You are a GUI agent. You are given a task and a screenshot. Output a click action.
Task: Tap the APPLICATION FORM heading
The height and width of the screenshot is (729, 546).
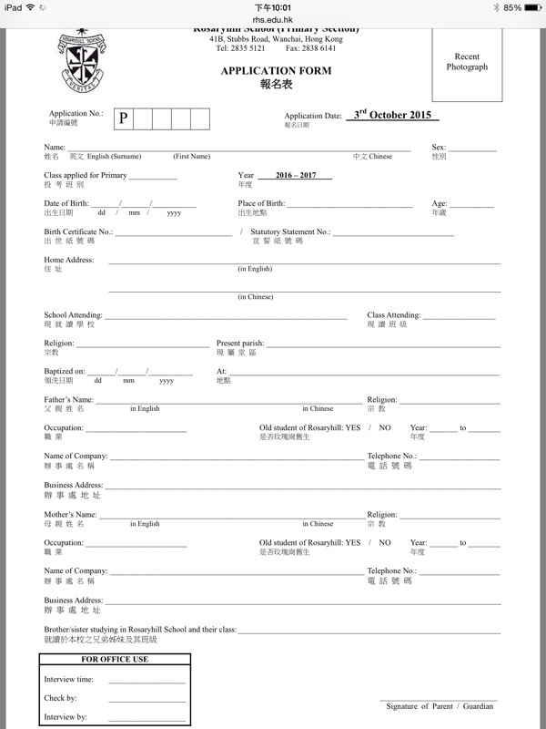[276, 70]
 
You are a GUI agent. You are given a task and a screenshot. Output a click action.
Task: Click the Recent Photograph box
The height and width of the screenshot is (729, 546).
[467, 62]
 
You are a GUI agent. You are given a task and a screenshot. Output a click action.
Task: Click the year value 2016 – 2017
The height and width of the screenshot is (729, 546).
[294, 175]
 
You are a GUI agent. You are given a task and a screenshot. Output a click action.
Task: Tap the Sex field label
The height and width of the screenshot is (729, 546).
[439, 147]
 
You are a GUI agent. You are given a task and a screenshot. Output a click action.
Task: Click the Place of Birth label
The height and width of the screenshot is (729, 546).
[261, 203]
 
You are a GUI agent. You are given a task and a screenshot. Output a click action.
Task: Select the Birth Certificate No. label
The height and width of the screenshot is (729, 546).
[78, 232]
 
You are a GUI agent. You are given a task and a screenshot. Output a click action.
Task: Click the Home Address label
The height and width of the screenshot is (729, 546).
[69, 261]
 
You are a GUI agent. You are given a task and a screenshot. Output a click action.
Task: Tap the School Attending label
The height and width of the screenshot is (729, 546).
[73, 315]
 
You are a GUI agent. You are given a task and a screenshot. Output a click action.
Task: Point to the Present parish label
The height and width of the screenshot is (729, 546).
[240, 344]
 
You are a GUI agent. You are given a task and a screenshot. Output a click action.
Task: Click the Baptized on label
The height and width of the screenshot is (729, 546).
[65, 372]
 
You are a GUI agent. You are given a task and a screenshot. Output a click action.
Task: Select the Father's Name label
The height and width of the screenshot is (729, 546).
[69, 400]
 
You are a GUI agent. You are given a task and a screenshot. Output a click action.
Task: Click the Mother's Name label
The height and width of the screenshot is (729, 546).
[69, 515]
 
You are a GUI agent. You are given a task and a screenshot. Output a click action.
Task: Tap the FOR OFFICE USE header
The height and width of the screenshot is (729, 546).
[115, 659]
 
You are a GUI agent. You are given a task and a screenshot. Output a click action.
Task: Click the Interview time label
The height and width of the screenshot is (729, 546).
[69, 679]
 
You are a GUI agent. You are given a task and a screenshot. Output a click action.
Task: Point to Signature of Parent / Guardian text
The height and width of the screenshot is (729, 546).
[440, 706]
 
